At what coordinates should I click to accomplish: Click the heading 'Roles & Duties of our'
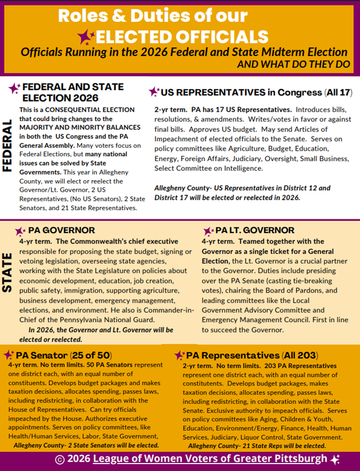coord(152,16)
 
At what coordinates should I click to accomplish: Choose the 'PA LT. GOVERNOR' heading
coord(254,230)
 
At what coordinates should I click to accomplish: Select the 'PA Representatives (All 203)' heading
coord(248,355)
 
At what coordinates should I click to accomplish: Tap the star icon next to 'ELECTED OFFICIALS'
coord(87,38)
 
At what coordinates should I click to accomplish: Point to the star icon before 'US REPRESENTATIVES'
coord(153,92)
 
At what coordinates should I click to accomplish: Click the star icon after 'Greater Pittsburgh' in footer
coord(335,459)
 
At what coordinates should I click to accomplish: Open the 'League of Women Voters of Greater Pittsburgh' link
coord(211,459)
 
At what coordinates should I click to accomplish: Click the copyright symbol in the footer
coord(59,460)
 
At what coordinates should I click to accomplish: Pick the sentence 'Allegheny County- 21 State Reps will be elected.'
coord(257,446)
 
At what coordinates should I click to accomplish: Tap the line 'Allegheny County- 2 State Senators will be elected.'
coord(86,446)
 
